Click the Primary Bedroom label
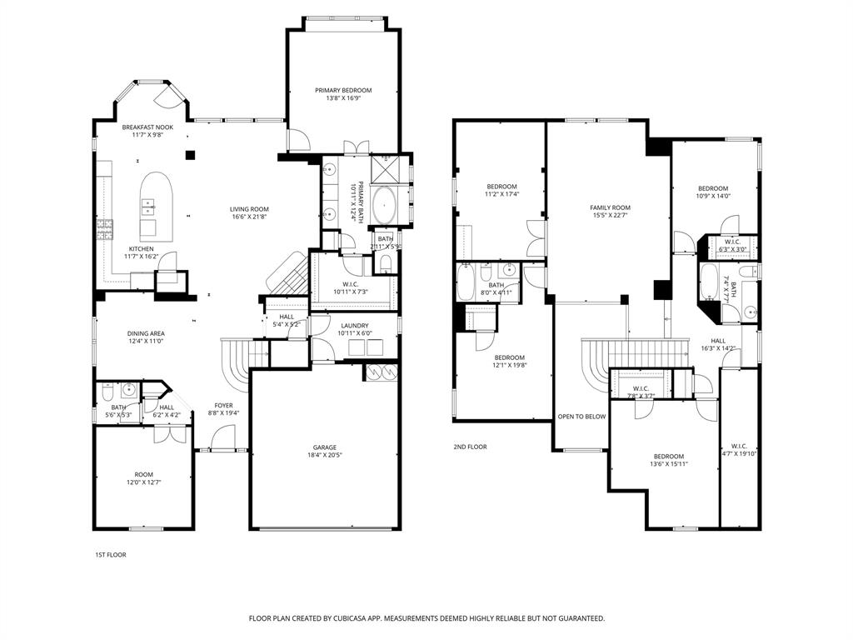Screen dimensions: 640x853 [x=342, y=90]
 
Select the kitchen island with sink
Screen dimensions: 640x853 [x=155, y=206]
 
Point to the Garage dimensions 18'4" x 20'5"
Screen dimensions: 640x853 [x=325, y=456]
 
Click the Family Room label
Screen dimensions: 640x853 [x=610, y=207]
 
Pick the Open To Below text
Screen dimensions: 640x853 [x=581, y=416]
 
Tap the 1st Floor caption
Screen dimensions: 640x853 [x=110, y=554]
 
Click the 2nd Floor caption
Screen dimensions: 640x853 [x=471, y=447]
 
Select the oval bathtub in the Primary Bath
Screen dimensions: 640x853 [x=384, y=206]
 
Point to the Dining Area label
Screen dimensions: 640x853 [x=146, y=333]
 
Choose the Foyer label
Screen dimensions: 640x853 [x=223, y=405]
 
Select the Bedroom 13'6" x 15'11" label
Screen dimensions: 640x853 [x=668, y=456]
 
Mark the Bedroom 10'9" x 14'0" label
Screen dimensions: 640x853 [x=713, y=188]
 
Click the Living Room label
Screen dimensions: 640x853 [x=249, y=209]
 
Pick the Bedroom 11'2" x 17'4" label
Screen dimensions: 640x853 [x=501, y=186]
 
